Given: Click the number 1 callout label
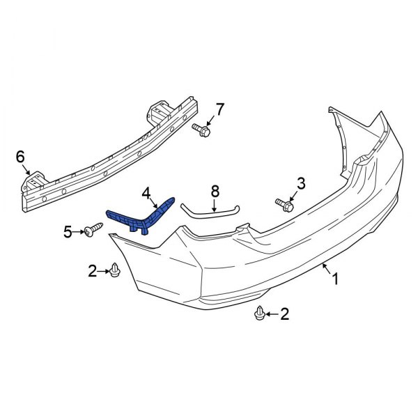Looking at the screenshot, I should (x=335, y=280).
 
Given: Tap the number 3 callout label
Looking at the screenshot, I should (x=301, y=183).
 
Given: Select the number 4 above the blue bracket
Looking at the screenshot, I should (x=146, y=193).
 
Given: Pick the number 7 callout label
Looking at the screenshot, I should (x=220, y=109).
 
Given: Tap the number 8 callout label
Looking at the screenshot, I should (x=215, y=189).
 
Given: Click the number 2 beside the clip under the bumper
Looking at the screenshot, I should (x=284, y=315).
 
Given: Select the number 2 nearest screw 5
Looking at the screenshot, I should (x=91, y=270).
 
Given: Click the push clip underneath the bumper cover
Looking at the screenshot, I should (x=260, y=315).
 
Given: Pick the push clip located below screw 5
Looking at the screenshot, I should (x=115, y=270).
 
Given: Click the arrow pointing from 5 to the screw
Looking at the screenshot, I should (x=79, y=231).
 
